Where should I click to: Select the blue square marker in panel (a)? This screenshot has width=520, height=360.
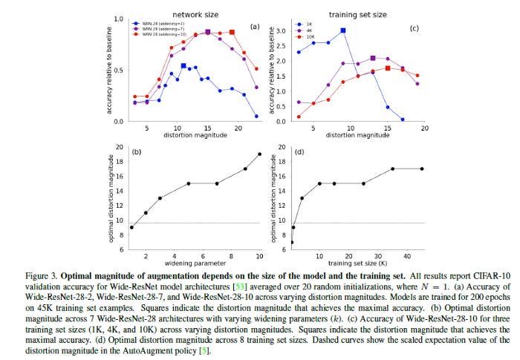tap(183, 66)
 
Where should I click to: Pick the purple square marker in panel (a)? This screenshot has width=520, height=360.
tap(208, 33)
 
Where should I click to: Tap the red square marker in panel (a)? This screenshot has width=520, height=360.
tap(233, 33)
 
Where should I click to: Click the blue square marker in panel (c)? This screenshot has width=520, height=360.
tap(342, 30)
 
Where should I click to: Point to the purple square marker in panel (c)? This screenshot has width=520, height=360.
tap(373, 58)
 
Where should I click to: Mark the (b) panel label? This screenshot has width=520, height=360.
tap(137, 151)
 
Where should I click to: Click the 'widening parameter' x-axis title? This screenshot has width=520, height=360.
tap(197, 264)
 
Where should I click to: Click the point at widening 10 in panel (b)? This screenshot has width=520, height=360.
tap(260, 154)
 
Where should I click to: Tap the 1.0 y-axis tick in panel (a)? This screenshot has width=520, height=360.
tap(119, 19)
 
